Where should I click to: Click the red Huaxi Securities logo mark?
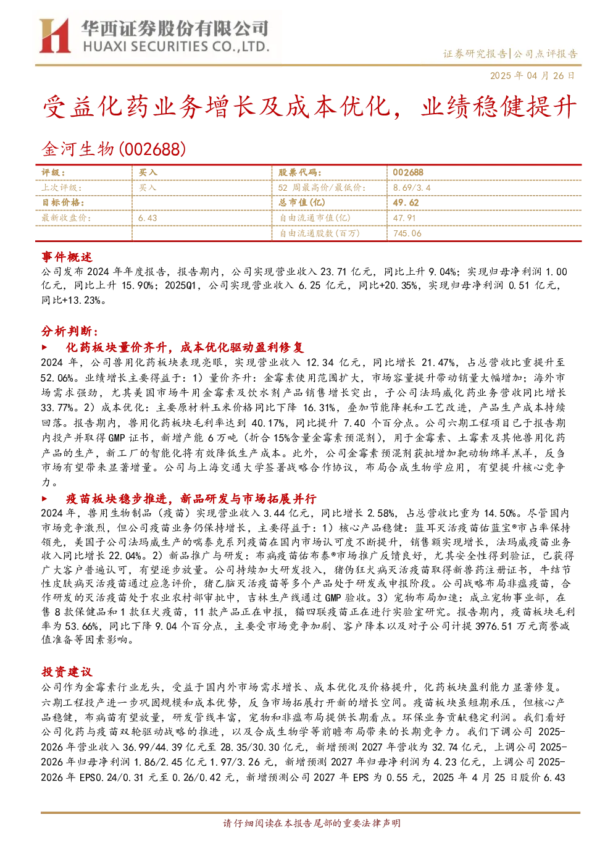tap(54, 35)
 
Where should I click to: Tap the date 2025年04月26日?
tap(532, 75)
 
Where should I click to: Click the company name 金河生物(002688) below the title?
tap(114, 149)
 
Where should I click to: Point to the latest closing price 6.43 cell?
tap(148, 218)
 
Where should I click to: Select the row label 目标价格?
tap(63, 203)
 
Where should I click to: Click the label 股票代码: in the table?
tap(300, 172)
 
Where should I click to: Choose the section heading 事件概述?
tap(67, 257)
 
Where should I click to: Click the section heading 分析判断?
tap(70, 331)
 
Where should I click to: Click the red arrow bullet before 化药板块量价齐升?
tap(44, 347)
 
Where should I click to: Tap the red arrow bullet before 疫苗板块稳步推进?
tap(44, 498)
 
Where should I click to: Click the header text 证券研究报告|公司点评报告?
tap(510, 53)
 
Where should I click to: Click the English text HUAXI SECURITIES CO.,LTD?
tap(176, 47)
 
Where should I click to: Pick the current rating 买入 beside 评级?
tap(148, 172)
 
